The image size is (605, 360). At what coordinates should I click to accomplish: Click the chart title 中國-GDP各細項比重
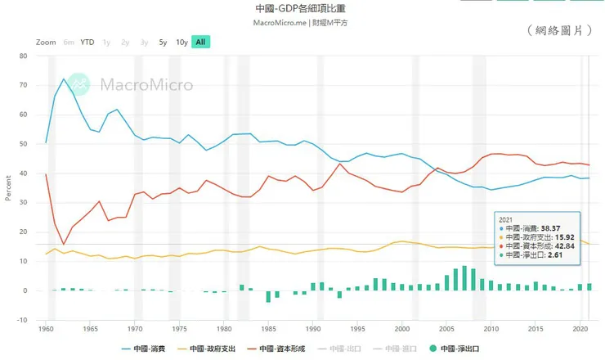[301, 8]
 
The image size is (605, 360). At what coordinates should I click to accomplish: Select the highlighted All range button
[200, 42]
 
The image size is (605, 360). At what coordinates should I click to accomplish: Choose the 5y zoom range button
[164, 42]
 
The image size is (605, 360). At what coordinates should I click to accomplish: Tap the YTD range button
[87, 42]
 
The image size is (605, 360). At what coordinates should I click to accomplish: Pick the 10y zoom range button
[181, 42]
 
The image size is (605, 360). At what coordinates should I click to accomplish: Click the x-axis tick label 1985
[268, 329]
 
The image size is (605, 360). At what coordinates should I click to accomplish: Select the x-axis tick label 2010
[491, 329]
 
